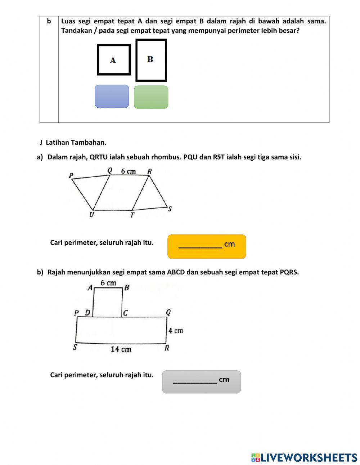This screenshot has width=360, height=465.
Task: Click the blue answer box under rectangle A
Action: [112, 96]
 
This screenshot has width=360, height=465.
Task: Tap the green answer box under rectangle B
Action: [151, 97]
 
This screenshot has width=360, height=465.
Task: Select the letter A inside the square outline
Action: [113, 61]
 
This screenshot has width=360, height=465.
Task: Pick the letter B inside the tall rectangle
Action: [150, 59]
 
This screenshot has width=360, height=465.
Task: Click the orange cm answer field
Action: [207, 246]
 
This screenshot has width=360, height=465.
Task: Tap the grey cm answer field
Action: [201, 381]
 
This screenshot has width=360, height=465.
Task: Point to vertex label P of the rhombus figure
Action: [71, 176]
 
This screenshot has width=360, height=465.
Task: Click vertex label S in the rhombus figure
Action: [170, 209]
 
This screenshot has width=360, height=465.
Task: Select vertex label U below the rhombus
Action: [91, 215]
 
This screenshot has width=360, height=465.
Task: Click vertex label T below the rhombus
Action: [132, 215]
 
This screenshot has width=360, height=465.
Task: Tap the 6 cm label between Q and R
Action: [128, 171]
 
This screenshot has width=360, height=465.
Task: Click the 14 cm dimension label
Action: [121, 349]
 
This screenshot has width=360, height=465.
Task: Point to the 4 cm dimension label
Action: [176, 330]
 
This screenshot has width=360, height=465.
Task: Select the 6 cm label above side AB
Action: [108, 283]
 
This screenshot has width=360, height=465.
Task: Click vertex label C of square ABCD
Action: [125, 313]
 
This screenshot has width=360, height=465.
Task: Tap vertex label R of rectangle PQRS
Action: [167, 348]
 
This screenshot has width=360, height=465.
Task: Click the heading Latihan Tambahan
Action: [76, 142]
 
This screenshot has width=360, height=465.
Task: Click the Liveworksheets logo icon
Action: [256, 457]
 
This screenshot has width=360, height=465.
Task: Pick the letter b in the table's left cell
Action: [49, 21]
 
